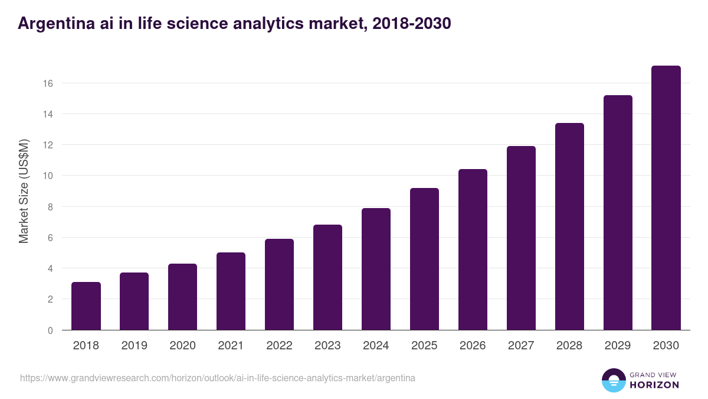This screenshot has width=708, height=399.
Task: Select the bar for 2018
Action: (86, 306)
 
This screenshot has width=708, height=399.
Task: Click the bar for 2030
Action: (666, 198)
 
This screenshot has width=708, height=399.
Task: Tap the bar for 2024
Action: (376, 269)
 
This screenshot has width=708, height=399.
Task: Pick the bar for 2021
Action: (231, 291)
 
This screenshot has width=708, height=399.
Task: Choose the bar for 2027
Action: (521, 238)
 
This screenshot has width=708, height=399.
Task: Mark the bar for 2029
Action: (618, 213)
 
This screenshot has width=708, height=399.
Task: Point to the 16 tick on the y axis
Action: (48, 83)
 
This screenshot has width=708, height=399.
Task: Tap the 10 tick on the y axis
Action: (48, 176)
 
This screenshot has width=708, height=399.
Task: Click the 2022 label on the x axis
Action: (279, 346)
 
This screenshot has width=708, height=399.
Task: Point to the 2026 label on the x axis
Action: (473, 346)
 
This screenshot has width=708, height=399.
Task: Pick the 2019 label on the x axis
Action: (134, 346)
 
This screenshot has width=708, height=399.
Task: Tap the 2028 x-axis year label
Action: (569, 346)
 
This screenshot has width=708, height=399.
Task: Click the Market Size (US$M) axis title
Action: (24, 191)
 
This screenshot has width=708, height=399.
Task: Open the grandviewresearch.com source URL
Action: (218, 378)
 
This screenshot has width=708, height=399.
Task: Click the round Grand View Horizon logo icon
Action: (614, 380)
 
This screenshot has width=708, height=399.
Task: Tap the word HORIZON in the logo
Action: (654, 385)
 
